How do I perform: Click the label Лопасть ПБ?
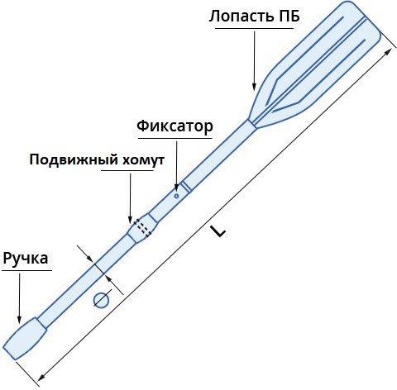coord(255,16)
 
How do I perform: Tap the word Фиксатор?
coord(175,126)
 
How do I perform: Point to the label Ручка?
coord(26,259)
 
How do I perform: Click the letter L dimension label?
coord(218,231)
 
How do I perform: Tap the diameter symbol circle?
coord(102,300)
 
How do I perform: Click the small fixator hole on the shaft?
coord(176,196)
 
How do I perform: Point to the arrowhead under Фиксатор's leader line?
coord(176,186)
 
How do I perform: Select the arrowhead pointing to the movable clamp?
coord(130,219)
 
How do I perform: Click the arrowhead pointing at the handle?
coord(19,319)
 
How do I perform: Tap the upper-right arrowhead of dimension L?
coord(389,51)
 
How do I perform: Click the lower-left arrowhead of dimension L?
coord(41,378)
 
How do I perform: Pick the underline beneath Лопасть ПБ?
coord(254,28)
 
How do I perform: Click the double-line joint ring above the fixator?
coord(186,187)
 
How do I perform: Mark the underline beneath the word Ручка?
coord(26,270)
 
